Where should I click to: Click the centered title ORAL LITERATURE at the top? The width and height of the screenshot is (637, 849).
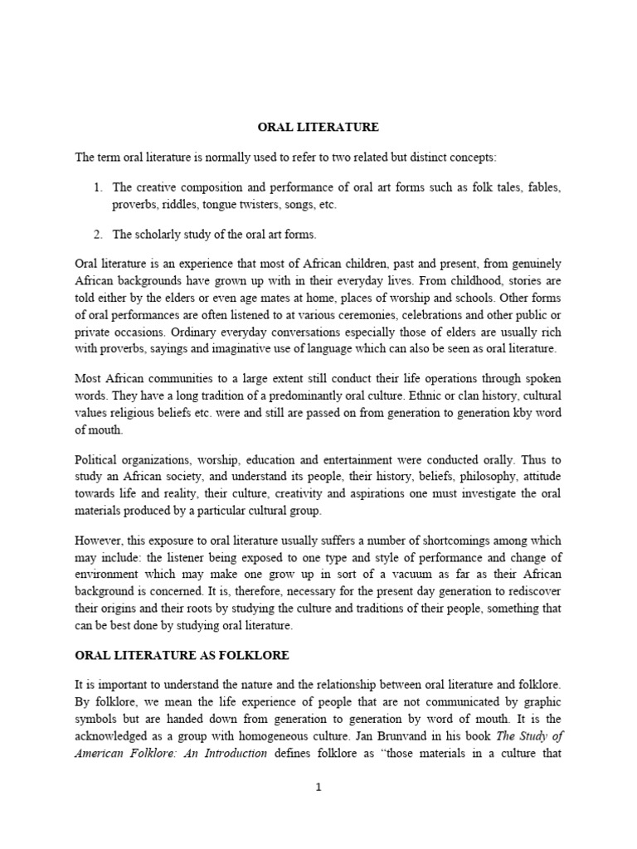click(x=318, y=127)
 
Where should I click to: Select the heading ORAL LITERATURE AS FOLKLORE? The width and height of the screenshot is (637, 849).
click(x=182, y=655)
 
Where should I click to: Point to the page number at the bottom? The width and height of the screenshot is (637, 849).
click(x=318, y=788)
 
